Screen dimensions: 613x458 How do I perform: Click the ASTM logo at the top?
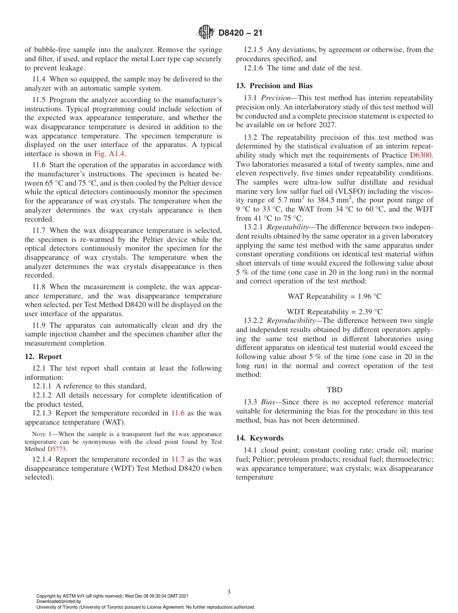(206, 33)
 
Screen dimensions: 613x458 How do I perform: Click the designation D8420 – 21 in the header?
(240, 33)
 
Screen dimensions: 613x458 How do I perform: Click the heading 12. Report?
(43, 357)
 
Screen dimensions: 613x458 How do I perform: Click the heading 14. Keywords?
(259, 438)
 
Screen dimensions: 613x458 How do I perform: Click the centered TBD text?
(334, 389)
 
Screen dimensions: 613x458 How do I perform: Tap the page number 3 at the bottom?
(229, 592)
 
